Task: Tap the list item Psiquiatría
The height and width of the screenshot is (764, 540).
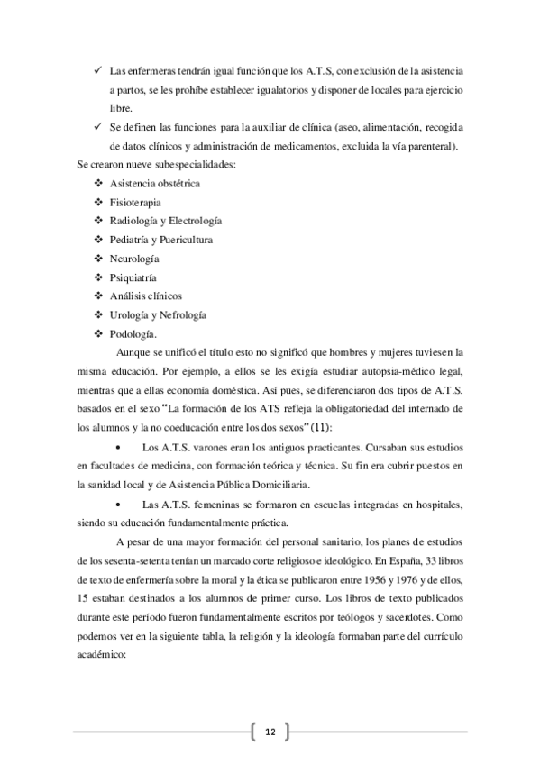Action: click(133, 277)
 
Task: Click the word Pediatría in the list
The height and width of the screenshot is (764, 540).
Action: click(130, 240)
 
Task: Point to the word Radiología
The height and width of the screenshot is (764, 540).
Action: click(134, 221)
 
